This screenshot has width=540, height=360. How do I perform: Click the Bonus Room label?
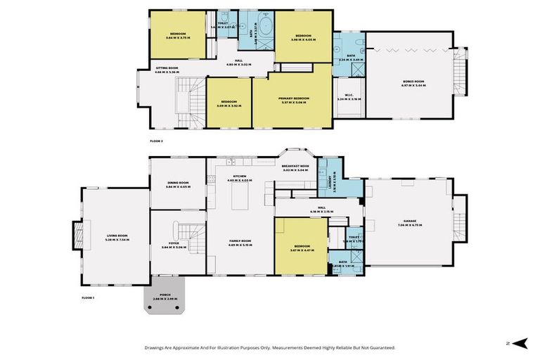click(x=414, y=82)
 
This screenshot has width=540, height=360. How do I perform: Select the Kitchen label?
click(x=239, y=177)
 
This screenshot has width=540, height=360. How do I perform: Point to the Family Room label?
click(x=240, y=241)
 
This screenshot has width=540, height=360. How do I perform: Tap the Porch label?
click(x=165, y=295)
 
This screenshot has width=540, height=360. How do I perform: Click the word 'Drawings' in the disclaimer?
click(x=157, y=347)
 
